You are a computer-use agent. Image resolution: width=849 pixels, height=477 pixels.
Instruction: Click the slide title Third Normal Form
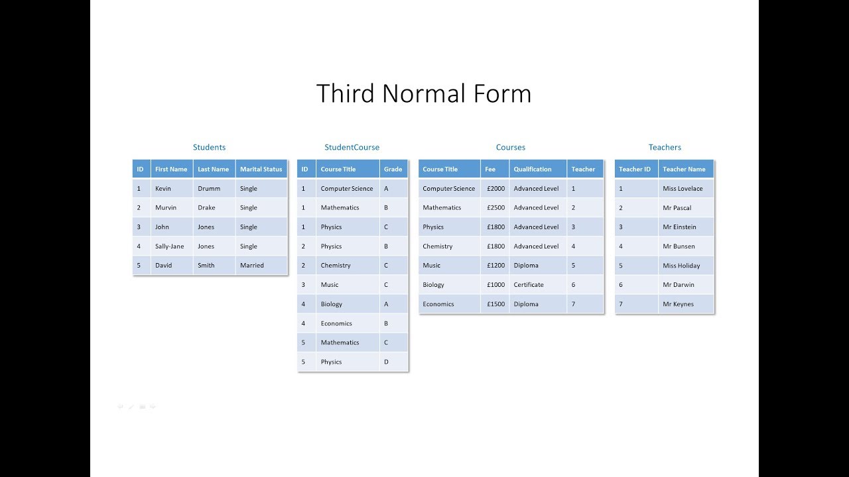click(x=424, y=94)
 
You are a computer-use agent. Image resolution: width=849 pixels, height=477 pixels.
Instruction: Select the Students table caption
click(x=209, y=147)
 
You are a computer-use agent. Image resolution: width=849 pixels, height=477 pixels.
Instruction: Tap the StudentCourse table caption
click(x=352, y=147)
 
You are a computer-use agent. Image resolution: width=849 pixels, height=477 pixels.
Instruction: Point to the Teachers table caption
click(x=665, y=147)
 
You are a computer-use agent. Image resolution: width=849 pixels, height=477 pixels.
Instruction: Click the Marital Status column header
click(x=261, y=169)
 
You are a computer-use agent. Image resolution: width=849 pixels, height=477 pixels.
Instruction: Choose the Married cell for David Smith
click(x=252, y=265)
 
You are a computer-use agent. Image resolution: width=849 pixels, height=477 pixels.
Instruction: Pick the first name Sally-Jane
click(x=170, y=246)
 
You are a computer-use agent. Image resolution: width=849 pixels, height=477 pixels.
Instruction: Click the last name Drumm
click(x=209, y=188)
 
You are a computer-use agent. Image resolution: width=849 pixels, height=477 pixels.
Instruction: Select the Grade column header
click(x=393, y=169)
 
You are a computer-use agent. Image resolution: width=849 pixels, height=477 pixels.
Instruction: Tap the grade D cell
click(x=387, y=362)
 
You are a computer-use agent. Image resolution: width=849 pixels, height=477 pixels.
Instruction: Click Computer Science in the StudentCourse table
click(x=347, y=188)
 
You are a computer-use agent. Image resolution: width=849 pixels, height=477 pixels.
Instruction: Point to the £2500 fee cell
click(x=495, y=207)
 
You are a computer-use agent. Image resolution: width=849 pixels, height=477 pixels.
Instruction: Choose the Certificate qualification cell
click(x=529, y=284)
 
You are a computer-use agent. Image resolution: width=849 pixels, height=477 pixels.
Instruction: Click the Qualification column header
click(x=533, y=169)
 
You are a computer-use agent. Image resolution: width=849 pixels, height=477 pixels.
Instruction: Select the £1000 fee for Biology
click(x=495, y=284)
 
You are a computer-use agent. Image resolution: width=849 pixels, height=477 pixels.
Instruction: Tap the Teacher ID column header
click(x=635, y=169)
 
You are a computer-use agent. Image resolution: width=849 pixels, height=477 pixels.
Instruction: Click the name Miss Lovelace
click(x=683, y=188)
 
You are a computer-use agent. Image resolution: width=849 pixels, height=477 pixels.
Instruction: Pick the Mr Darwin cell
click(x=679, y=284)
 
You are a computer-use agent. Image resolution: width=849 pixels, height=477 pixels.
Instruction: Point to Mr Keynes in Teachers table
click(x=678, y=304)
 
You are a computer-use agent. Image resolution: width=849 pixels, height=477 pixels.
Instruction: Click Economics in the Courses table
click(x=438, y=304)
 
